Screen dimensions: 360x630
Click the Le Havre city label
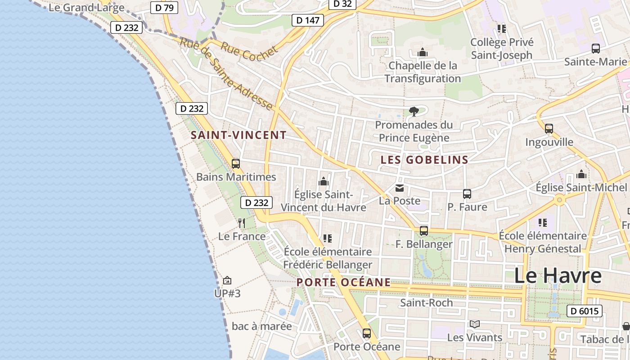(x=558, y=275)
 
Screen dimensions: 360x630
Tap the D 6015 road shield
(x=584, y=311)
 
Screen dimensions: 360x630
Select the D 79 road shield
(x=164, y=7)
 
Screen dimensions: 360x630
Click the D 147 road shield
(x=308, y=20)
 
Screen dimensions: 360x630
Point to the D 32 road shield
(x=342, y=4)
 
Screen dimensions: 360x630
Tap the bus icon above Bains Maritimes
(x=235, y=164)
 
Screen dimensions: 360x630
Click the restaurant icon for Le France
(x=242, y=223)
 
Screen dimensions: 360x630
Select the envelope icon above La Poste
(x=399, y=188)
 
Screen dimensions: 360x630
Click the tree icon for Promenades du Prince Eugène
(x=414, y=111)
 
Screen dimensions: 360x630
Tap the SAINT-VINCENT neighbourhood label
(x=238, y=135)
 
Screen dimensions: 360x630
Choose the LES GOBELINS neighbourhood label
(x=424, y=160)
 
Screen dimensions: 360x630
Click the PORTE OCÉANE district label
(x=343, y=282)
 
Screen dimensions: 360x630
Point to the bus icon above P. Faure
(x=467, y=194)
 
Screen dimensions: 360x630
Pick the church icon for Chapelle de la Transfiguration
(x=422, y=53)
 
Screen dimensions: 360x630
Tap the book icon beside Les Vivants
(x=474, y=324)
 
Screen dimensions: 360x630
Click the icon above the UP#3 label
(x=227, y=280)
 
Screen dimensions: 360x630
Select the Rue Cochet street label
(x=249, y=52)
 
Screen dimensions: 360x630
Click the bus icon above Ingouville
(x=549, y=129)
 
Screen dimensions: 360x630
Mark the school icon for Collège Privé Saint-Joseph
(x=502, y=29)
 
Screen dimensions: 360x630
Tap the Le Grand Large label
(x=86, y=7)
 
